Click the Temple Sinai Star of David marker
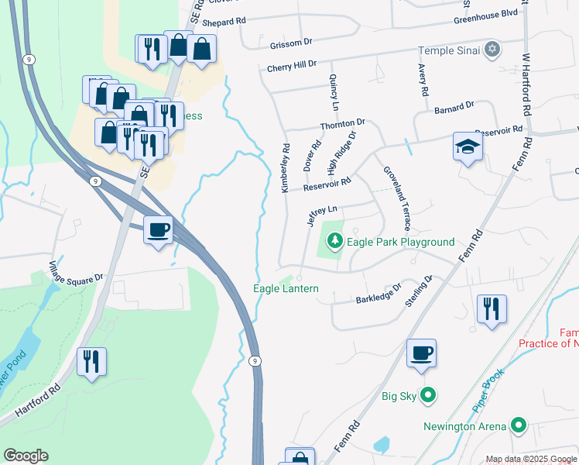tap(492, 50)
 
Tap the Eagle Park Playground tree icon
tap(334, 242)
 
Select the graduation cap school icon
tap(468, 146)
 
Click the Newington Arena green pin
tap(518, 426)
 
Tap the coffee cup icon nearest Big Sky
tap(421, 353)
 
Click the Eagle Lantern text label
tap(286, 288)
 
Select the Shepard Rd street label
tap(224, 22)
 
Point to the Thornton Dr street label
tap(342, 124)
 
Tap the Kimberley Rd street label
tap(286, 167)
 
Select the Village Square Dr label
tap(77, 269)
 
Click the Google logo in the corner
tap(26, 456)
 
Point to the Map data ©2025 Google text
tap(530, 459)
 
